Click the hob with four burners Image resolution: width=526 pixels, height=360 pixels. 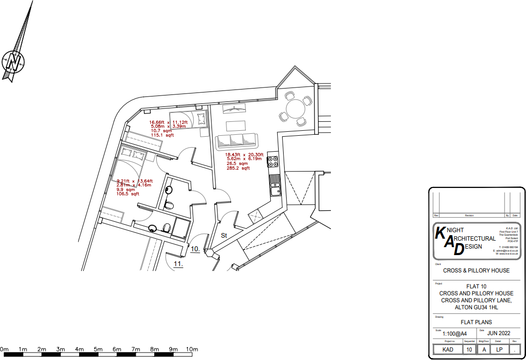(x=273, y=162)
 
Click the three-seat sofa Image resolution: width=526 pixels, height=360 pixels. (x=237, y=141)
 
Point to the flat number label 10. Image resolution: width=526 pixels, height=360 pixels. (x=195, y=249)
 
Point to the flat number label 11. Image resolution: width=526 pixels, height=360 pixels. (x=178, y=264)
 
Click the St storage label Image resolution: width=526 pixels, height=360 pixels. (x=224, y=235)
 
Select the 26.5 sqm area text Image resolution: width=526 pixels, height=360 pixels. (x=237, y=164)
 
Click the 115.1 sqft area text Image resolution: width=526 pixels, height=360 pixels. (x=163, y=135)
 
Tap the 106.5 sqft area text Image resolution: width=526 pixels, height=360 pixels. (x=128, y=194)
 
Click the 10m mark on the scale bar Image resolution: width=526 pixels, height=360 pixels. (x=192, y=350)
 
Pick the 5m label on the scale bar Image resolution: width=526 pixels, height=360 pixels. (x=98, y=350)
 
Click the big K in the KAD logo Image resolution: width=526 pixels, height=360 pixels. (x=441, y=233)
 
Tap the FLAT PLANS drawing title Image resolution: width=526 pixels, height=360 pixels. (x=476, y=322)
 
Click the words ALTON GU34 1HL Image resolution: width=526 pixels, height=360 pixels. (x=476, y=307)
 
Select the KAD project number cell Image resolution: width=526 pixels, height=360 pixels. (x=448, y=350)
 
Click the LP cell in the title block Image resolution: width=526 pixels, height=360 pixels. (x=499, y=350)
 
